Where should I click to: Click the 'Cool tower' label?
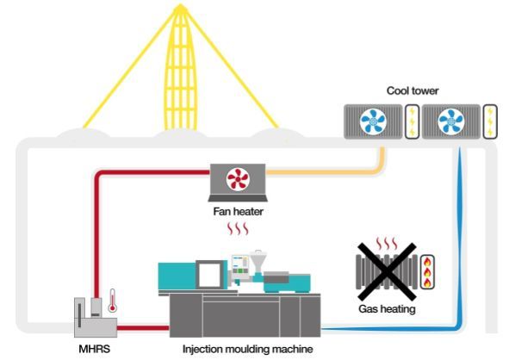click(412, 90)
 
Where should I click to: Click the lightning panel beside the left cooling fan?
click(412, 121)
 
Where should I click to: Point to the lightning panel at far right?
click(491, 121)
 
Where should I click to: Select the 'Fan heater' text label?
click(238, 209)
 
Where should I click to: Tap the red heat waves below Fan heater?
click(237, 230)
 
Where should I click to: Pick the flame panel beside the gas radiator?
click(427, 272)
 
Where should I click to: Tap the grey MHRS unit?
click(91, 317)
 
